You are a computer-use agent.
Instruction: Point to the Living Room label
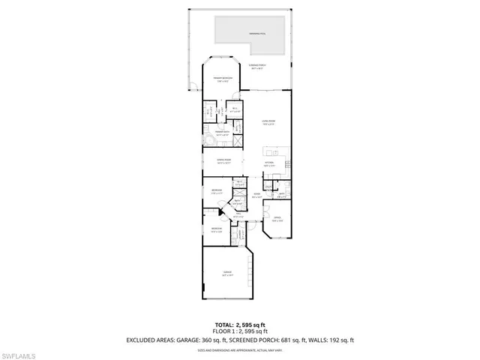point(270,121)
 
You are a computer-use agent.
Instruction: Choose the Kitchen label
point(269,162)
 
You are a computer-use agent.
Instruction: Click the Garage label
point(226,273)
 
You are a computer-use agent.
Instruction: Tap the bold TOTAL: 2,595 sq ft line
point(239,325)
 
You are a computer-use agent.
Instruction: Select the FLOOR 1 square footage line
point(239,331)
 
